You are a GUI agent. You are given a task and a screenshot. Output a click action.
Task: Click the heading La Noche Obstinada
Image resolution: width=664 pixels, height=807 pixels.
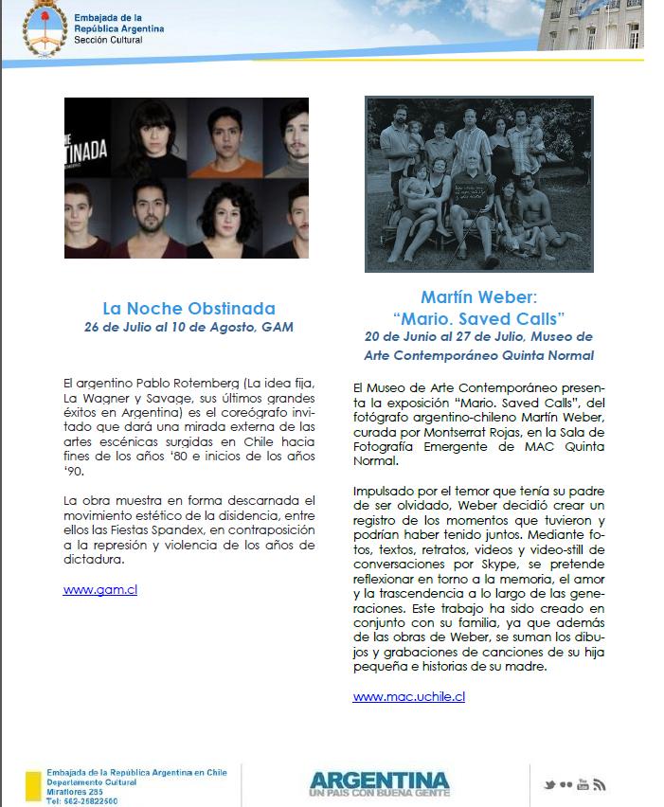click(188, 308)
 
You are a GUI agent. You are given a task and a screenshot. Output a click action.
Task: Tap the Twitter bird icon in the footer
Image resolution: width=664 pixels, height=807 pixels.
click(547, 785)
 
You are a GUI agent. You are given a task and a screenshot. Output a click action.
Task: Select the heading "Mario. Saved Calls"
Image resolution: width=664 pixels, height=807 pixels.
click(478, 316)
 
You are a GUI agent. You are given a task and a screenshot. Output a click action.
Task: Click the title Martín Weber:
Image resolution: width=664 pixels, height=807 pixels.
click(478, 296)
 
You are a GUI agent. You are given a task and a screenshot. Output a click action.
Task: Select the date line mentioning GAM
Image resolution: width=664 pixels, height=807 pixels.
click(188, 328)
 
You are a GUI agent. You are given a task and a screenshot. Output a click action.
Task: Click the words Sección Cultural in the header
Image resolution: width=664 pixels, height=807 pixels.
click(112, 40)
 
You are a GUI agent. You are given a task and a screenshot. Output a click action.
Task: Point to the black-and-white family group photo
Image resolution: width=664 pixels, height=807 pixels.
click(478, 184)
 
